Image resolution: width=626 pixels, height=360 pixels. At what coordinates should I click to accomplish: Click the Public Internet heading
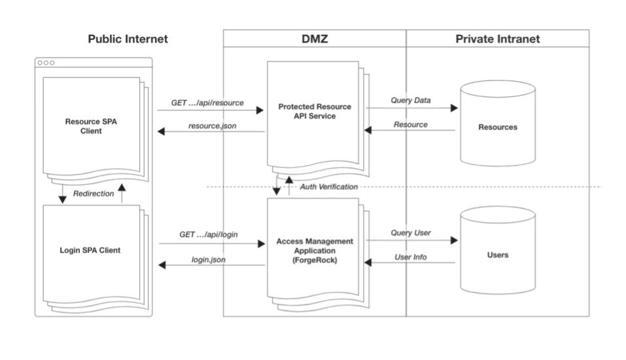click(x=128, y=39)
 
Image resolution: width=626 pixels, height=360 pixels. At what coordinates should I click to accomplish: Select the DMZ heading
click(x=315, y=39)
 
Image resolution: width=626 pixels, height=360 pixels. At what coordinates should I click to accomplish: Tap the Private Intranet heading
click(x=497, y=39)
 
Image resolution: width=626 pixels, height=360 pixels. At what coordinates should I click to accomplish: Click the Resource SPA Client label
click(x=92, y=126)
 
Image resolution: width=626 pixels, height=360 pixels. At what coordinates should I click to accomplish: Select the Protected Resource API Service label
click(x=314, y=111)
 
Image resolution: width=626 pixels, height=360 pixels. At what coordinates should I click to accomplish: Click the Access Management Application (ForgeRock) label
click(x=314, y=250)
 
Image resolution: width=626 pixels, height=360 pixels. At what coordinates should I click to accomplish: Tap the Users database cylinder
click(x=497, y=252)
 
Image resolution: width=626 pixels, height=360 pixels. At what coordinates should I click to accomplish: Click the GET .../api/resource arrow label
click(x=207, y=103)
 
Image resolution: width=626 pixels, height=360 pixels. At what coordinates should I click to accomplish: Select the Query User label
click(x=410, y=232)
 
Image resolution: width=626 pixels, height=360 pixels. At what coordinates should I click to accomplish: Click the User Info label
click(x=410, y=257)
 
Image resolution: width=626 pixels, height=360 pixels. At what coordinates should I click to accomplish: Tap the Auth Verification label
click(x=329, y=187)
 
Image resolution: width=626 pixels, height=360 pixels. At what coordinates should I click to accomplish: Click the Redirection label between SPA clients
click(x=93, y=194)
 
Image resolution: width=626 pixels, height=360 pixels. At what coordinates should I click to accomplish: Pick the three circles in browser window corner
click(x=46, y=63)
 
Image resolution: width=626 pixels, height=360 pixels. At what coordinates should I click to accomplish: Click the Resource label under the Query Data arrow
click(x=410, y=124)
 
